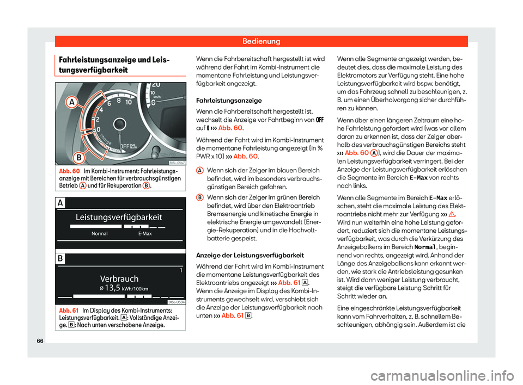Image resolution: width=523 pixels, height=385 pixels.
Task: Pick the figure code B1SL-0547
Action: click(x=177, y=162)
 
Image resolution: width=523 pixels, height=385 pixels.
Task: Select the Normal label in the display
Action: click(x=99, y=234)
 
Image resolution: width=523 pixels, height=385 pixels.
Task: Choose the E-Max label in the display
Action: click(x=144, y=234)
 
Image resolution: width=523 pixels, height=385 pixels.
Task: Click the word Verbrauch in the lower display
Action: click(x=119, y=278)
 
